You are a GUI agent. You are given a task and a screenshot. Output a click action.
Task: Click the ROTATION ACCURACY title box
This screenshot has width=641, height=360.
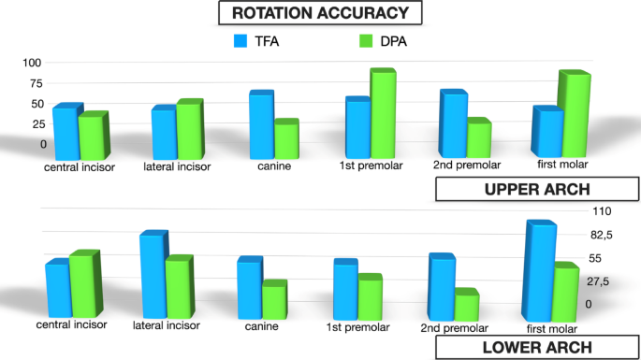pos(320,13)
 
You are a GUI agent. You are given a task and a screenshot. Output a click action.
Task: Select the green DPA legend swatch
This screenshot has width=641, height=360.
pos(367,41)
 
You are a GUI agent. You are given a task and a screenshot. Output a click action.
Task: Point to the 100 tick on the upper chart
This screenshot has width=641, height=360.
pos(33,63)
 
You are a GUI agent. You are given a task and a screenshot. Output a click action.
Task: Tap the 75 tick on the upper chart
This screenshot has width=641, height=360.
pos(36,83)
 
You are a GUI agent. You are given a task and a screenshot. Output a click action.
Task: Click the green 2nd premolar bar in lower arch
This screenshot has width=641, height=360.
pos(466,308)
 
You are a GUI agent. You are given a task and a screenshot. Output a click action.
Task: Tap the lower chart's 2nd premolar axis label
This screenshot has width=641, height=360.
pos(455,328)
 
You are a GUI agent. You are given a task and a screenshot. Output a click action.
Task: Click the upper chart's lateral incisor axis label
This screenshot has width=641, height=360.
pos(177,167)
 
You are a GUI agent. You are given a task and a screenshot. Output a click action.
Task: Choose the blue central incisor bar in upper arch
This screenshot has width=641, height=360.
pos(64,133)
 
